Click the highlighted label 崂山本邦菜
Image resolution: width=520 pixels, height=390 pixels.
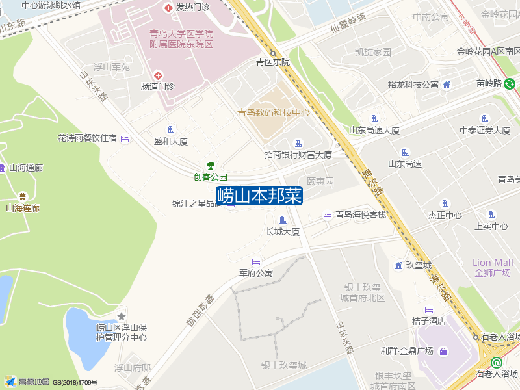coord(259,196)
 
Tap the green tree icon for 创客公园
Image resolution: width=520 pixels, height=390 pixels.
coord(210,165)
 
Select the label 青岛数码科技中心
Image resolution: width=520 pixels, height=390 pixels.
coord(273,112)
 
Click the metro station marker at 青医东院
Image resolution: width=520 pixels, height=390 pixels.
coord(274,53)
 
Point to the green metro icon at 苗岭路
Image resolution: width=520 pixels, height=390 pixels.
coord(510,83)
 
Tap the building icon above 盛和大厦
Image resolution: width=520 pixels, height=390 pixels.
coord(171,129)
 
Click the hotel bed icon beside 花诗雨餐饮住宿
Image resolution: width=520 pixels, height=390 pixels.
coord(125,138)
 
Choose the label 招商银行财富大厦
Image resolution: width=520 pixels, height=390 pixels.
coord(298,155)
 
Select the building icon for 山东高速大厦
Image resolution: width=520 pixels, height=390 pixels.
coord(374,118)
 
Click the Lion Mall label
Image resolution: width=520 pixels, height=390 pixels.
coord(492,263)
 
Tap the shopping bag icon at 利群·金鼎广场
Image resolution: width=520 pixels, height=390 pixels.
coord(443,352)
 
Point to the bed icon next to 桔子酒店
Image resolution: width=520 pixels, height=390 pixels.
coord(428,309)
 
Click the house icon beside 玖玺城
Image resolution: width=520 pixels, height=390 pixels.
coord(398,265)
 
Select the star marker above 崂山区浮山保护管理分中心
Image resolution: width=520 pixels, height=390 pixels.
coord(121,316)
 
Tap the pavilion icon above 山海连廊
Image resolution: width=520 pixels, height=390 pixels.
coord(23,196)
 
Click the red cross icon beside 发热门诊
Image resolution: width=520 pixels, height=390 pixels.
coord(168,7)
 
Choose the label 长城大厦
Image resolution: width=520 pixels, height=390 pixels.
coord(282,231)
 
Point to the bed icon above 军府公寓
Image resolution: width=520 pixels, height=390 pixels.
coord(255,262)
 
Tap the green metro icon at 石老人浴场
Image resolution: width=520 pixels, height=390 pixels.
coord(497,363)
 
